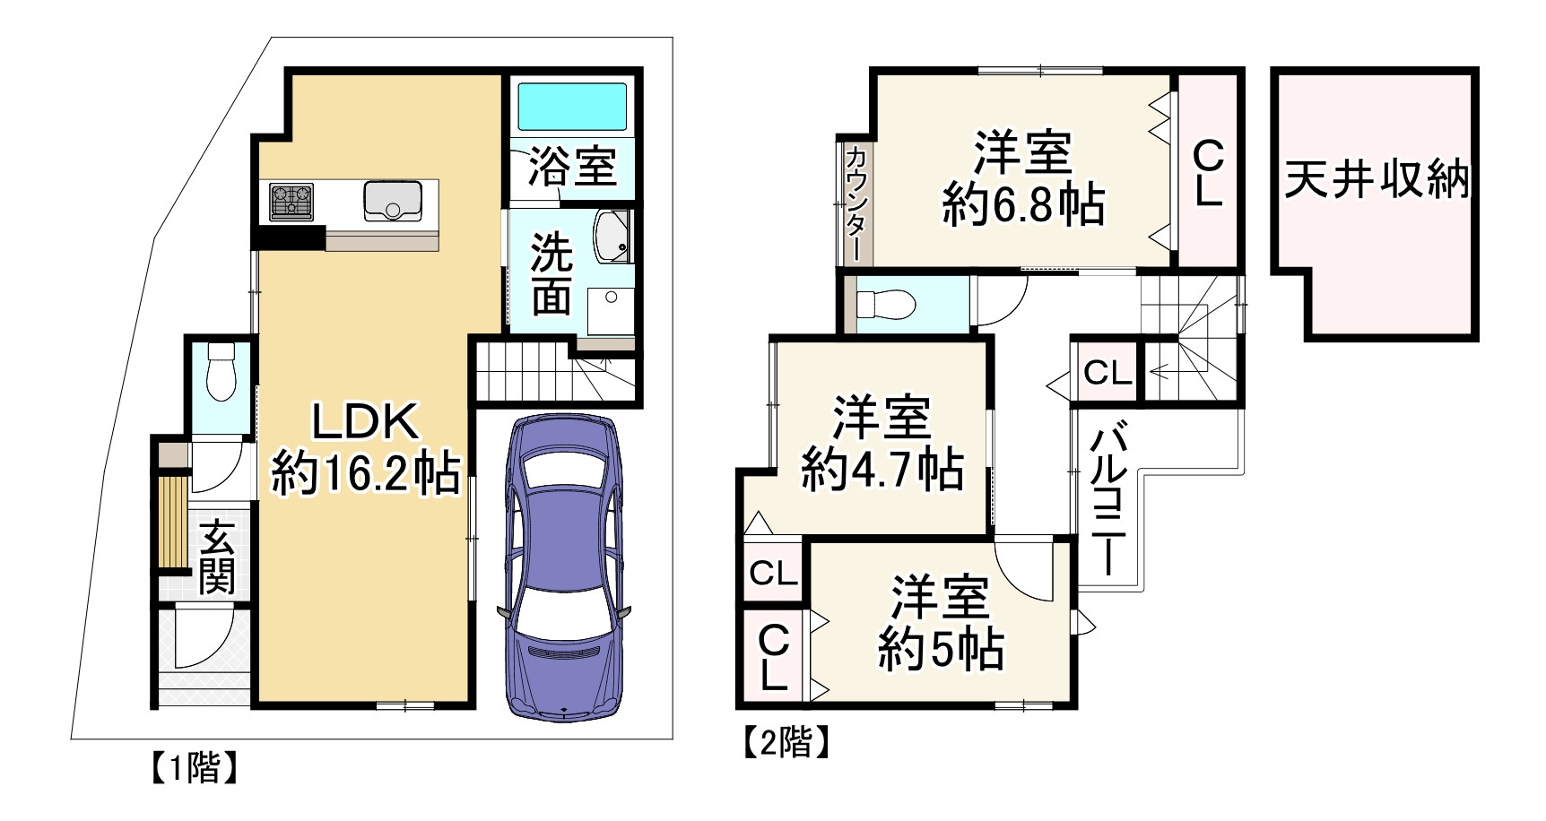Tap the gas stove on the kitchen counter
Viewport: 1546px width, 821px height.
coord(291,202)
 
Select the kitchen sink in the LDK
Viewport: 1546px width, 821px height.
coord(392,200)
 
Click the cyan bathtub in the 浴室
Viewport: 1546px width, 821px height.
coord(572,108)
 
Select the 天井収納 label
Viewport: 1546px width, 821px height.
coord(1377,179)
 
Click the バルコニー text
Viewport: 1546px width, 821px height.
coord(1106,498)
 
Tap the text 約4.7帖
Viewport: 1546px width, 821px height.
coord(882,469)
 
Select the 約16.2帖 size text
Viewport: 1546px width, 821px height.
coord(366,472)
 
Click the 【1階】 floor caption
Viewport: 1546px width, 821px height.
coord(193,768)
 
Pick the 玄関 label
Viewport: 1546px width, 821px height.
coord(217,556)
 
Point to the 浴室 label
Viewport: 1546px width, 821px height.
coord(571,166)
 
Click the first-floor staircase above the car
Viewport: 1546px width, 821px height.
coord(520,372)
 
